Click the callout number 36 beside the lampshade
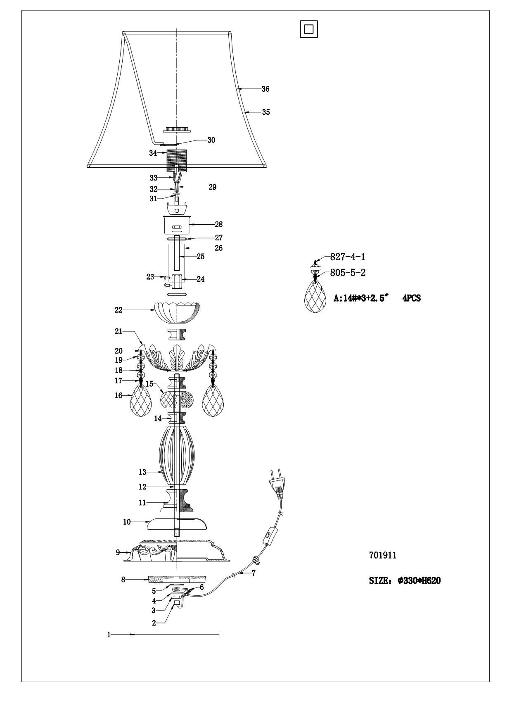pos(265,89)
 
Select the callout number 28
pos(218,224)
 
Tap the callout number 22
pos(119,310)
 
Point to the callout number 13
pos(142,472)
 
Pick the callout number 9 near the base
pos(118,552)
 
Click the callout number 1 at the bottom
pos(109,635)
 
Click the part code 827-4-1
pos(347,257)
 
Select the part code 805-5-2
pos(347,273)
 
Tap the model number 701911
pos(382,555)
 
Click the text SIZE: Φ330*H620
pos(404,580)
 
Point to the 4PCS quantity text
pos(412,298)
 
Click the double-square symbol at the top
pos(309,29)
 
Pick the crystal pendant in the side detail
pos(315,297)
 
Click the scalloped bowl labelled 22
pos(177,313)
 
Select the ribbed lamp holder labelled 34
pos(176,161)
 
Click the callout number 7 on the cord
pos(254,573)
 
